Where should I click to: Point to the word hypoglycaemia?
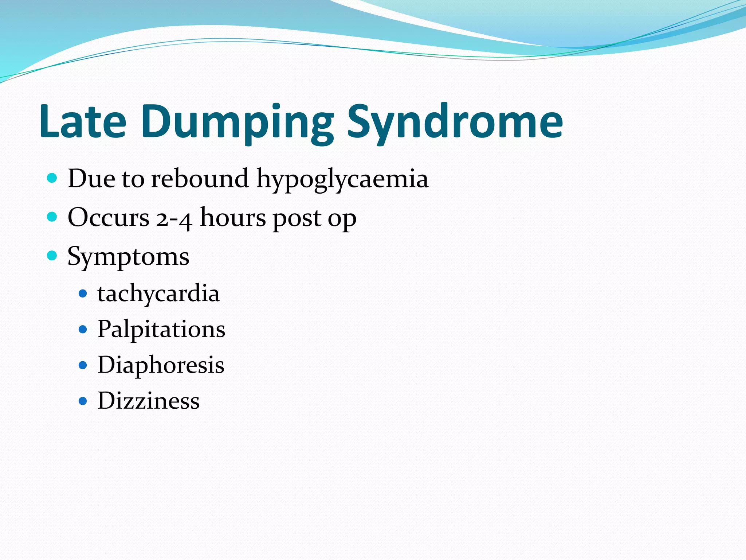pyautogui.click(x=342, y=179)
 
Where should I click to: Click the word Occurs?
pyautogui.click(x=109, y=218)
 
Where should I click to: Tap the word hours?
pyautogui.click(x=233, y=218)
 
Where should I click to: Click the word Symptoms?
pyautogui.click(x=128, y=257)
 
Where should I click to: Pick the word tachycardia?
pyautogui.click(x=158, y=293)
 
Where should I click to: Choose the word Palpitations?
pyautogui.click(x=161, y=329)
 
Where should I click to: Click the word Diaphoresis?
pyautogui.click(x=161, y=365)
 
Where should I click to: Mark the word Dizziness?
pyautogui.click(x=149, y=401)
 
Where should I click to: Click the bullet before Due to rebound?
pyautogui.click(x=52, y=178)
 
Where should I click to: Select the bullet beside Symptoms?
pyautogui.click(x=52, y=256)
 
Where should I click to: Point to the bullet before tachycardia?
pyautogui.click(x=83, y=293)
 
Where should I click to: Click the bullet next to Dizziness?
pyautogui.click(x=83, y=401)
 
